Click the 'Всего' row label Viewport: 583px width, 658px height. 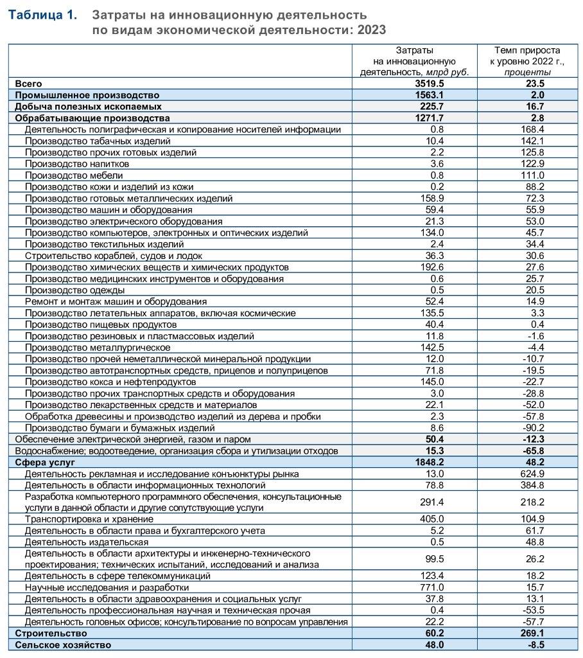pos(29,84)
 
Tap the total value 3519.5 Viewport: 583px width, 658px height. pos(430,84)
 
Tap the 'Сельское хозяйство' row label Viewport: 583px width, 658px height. pos(63,645)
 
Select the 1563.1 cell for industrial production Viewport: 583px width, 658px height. pos(430,95)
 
